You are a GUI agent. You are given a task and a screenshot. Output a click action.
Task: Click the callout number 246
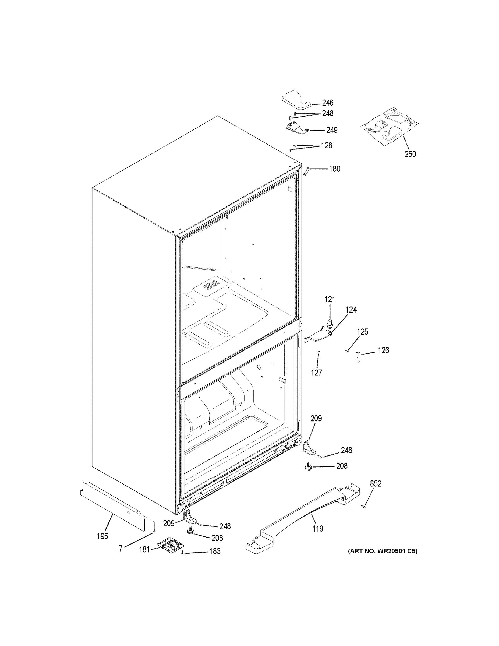pyautogui.click(x=328, y=103)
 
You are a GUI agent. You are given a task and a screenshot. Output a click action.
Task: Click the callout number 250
pyautogui.click(x=410, y=154)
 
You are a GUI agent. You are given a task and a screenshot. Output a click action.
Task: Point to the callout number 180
pyautogui.click(x=335, y=169)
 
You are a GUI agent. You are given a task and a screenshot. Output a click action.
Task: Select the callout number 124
pyautogui.click(x=351, y=310)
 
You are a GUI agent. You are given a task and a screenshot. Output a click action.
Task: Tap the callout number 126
pyautogui.click(x=383, y=350)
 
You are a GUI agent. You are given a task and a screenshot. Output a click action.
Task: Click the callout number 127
pyautogui.click(x=316, y=373)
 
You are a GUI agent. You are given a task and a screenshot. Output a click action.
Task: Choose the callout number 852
pyautogui.click(x=376, y=484)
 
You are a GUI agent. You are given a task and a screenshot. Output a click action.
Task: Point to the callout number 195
pyautogui.click(x=102, y=536)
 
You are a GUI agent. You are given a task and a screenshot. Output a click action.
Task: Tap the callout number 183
pyautogui.click(x=215, y=551)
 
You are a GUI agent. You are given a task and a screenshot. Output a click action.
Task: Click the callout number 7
pyautogui.click(x=121, y=549)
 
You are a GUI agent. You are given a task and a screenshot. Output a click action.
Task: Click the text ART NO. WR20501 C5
pyautogui.click(x=383, y=551)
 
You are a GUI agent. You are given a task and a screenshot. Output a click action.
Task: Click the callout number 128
pyautogui.click(x=326, y=146)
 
